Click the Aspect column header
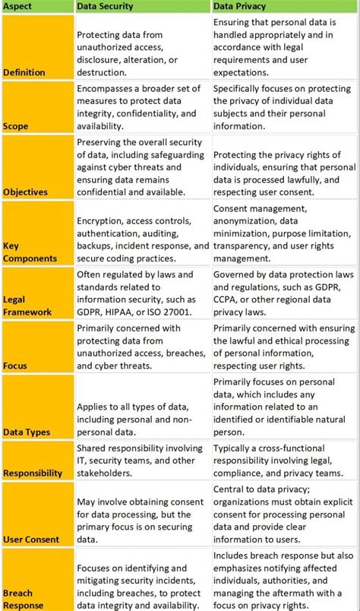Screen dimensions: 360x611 click(18, 6)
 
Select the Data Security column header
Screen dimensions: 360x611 click(105, 6)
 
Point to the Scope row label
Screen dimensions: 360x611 click(17, 126)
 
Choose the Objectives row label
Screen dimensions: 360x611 click(25, 193)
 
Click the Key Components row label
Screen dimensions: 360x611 click(30, 252)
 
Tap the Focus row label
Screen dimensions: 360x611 click(15, 366)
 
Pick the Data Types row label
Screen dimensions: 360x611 click(27, 432)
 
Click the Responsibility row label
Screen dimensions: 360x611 click(33, 473)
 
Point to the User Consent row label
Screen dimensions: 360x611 click(31, 539)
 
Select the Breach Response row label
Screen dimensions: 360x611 click(23, 600)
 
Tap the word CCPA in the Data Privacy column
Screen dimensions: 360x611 click(229, 300)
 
